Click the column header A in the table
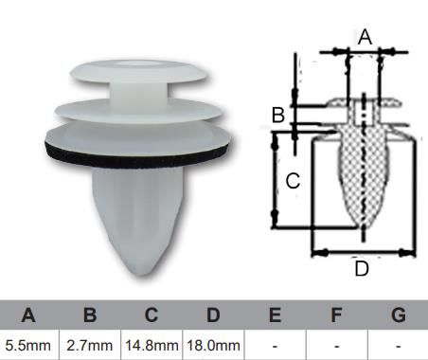[28, 315]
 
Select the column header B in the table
[90, 315]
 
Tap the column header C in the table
[152, 315]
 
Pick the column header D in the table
[213, 315]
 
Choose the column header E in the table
[275, 315]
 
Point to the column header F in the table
[336, 315]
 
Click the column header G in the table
[398, 315]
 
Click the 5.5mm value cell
[28, 345]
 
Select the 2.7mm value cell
[90, 345]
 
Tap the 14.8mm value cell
[152, 345]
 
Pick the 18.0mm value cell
[213, 345]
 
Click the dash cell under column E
[275, 345]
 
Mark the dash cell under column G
[398, 345]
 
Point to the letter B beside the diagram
[277, 116]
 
